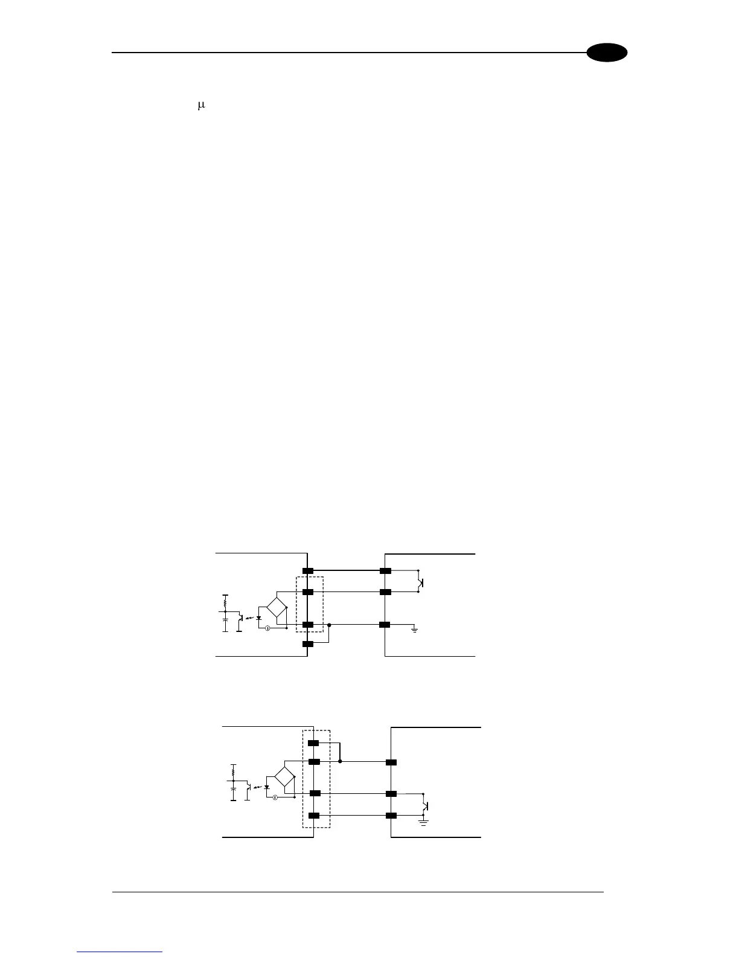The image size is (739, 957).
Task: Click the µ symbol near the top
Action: click(202, 106)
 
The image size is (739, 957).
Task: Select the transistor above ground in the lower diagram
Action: click(426, 805)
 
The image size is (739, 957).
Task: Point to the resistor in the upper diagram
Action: click(225, 602)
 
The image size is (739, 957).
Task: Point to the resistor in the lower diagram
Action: click(233, 771)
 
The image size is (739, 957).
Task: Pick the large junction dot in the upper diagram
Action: click(329, 625)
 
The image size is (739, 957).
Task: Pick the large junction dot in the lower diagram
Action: click(340, 762)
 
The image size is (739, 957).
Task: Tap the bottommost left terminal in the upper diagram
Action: click(308, 644)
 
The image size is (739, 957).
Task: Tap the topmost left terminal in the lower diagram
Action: click(314, 743)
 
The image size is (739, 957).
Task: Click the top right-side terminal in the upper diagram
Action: click(385, 570)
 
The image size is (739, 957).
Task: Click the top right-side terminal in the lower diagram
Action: click(391, 762)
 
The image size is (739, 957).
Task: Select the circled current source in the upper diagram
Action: click(267, 628)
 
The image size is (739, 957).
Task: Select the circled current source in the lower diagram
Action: click(275, 797)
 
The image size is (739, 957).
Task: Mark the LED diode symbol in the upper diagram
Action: click(259, 618)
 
